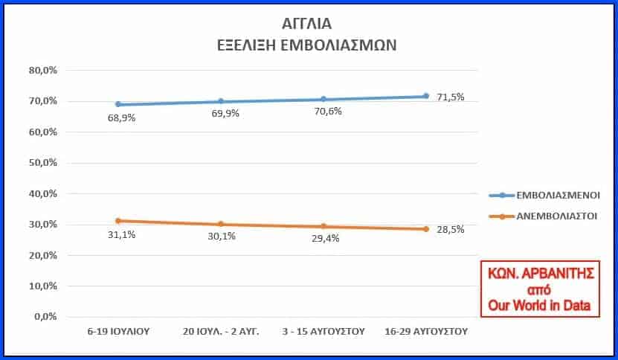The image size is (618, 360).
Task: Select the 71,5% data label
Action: pos(451,97)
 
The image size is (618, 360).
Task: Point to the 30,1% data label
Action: pos(222,237)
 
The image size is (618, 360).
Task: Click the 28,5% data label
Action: pos(451,229)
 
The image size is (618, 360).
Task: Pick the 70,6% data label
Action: pos(324,113)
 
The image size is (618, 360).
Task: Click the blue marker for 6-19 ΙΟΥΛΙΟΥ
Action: pos(118,104)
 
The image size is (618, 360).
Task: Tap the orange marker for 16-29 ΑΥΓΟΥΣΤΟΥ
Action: pos(426,228)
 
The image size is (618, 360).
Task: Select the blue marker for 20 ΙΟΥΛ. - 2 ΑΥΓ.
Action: pos(220,101)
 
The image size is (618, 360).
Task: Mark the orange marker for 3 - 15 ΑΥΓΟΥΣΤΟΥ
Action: pos(324,226)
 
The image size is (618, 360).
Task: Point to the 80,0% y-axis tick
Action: pos(43,71)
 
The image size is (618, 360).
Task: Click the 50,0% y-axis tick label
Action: pos(43,163)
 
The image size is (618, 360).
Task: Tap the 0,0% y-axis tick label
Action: pos(45,316)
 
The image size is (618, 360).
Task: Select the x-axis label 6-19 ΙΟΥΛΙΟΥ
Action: pos(118,332)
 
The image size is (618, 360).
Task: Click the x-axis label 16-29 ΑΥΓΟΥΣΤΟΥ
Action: pos(426,332)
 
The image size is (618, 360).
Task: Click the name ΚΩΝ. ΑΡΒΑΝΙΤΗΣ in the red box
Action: pos(539,274)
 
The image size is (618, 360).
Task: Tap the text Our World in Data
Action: pos(539,306)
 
